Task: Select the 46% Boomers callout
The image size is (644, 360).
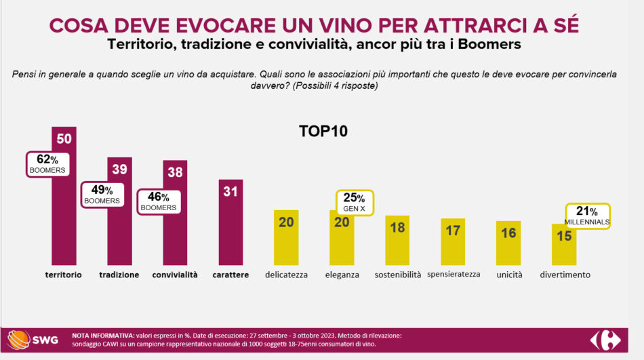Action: click(x=159, y=202)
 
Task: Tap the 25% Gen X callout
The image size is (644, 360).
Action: click(x=355, y=202)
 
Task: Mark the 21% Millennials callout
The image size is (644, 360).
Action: click(x=587, y=216)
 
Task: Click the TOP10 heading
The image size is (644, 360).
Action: click(x=323, y=132)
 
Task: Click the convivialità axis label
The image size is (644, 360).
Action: click(x=175, y=275)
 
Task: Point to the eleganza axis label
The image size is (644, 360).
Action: click(x=342, y=275)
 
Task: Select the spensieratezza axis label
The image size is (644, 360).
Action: click(x=454, y=274)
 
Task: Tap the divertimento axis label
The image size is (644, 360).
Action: click(x=565, y=275)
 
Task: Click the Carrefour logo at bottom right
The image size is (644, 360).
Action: click(x=605, y=340)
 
